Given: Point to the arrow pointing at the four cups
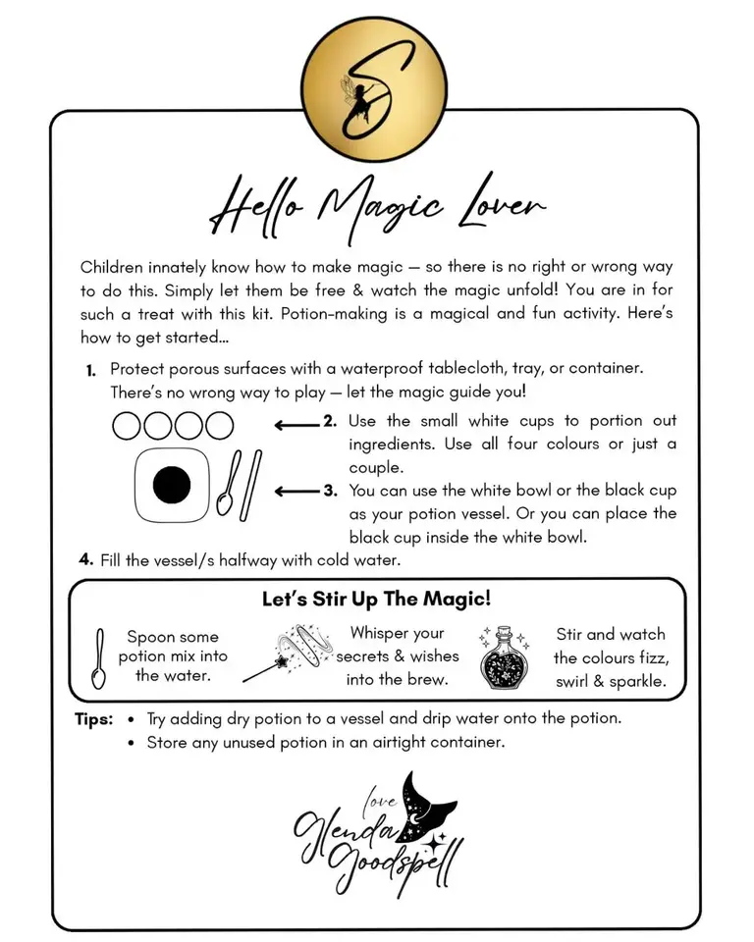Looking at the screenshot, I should coord(296,425).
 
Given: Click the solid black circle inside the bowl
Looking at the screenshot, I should coord(171,485).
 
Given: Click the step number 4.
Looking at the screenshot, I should coord(86,560).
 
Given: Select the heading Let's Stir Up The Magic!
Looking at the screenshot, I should coord(376,599).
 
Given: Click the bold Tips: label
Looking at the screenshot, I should coord(94,719).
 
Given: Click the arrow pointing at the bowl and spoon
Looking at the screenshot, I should coord(298,491).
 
